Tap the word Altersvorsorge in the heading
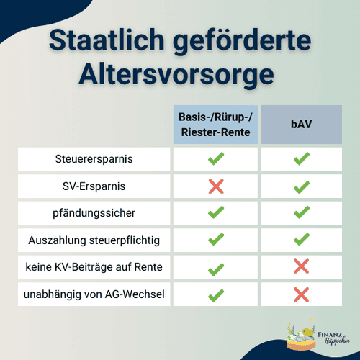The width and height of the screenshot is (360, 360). pos(180,73)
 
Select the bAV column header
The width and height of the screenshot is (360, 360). pos(301,124)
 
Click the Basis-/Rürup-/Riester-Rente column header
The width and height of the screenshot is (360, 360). pos(215,124)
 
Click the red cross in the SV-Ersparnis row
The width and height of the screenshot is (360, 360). pos(215,186)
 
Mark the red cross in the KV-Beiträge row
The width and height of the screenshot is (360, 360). pos(301,268)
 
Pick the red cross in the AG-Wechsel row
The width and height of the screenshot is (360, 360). pos(301,295)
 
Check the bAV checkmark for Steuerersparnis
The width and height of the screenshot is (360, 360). pos(301,158)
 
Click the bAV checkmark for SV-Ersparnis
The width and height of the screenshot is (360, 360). pos(301,186)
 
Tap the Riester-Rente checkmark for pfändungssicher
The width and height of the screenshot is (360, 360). pos(215,213)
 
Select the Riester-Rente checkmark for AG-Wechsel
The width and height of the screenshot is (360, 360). pos(215,295)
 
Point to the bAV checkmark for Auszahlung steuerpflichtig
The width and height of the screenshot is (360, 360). pos(301,240)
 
